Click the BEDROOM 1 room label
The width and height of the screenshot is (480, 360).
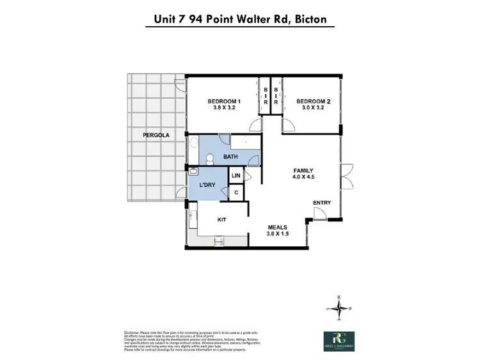223,102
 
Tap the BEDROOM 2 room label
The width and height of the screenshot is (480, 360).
313,102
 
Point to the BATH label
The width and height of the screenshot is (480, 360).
231,157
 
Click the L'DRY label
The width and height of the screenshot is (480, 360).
207,184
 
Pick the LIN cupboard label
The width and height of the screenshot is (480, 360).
236,175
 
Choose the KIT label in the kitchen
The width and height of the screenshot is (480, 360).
222,219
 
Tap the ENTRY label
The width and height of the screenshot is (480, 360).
322,203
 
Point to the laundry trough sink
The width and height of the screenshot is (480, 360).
193,171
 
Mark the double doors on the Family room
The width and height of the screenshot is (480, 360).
346,173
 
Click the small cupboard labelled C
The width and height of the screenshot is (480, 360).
236,192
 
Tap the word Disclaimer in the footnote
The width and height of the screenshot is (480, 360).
132,332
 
